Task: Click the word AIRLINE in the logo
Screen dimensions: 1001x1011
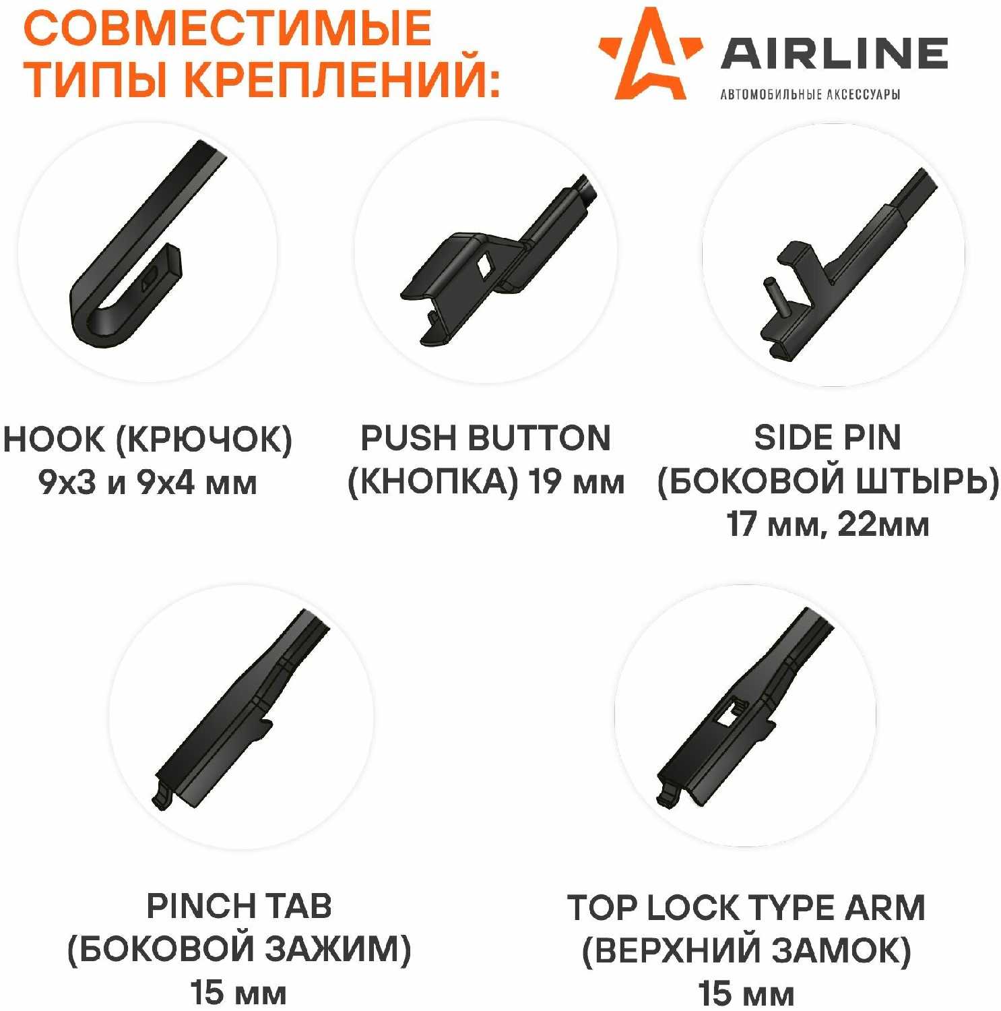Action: coord(835,53)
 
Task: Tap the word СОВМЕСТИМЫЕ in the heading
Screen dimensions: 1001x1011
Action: coord(227,28)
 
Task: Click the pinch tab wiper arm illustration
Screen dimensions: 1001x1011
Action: coord(240,708)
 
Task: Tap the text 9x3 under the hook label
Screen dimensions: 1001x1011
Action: coord(67,483)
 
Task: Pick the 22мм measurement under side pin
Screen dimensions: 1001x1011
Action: coord(883,524)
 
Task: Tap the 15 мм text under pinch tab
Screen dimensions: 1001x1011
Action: coord(238,993)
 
